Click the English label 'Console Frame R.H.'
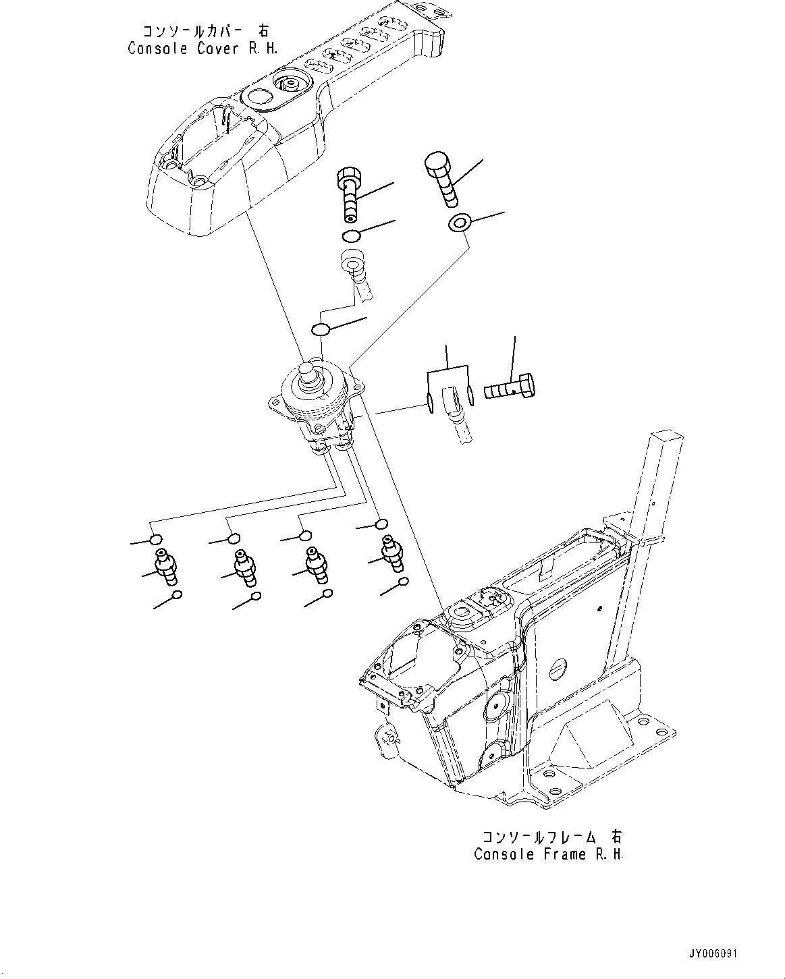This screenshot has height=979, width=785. pyautogui.click(x=549, y=854)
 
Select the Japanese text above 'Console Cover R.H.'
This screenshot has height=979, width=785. pyautogui.click(x=205, y=31)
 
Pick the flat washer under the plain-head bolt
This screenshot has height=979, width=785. pyautogui.click(x=459, y=223)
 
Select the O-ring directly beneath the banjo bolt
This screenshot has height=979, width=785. pyautogui.click(x=350, y=235)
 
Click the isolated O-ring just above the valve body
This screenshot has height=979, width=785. pyautogui.click(x=320, y=329)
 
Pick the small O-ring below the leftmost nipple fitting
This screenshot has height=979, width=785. pyautogui.click(x=178, y=595)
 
